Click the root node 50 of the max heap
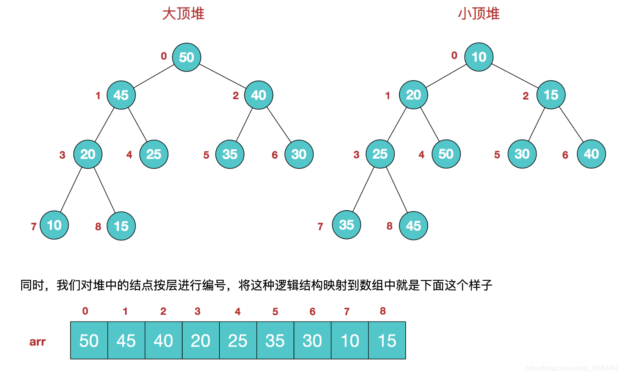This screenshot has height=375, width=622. tap(186, 57)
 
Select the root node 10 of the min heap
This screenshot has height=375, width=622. tap(479, 57)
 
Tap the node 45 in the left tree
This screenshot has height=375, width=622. tap(121, 95)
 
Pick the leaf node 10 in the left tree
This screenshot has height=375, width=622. tap(54, 225)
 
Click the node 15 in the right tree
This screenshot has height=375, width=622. tap(551, 95)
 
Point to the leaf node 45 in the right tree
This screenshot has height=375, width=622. tap(413, 226)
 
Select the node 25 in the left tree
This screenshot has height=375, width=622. tap(154, 154)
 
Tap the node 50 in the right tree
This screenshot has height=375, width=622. tap(446, 154)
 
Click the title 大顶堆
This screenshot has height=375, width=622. tap(183, 14)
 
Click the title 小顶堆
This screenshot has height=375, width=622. tap(479, 14)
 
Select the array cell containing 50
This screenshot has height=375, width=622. tap(89, 341)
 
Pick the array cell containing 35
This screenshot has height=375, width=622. tap(275, 341)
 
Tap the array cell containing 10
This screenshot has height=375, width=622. tap(350, 341)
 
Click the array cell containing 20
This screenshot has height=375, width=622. tap(201, 341)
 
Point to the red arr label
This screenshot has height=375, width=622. tap(38, 342)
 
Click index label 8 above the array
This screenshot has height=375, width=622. tap(383, 311)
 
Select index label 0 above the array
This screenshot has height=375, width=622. tap(85, 311)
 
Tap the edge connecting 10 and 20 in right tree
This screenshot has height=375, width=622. tap(446, 76)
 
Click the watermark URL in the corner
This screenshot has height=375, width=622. tap(572, 368)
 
